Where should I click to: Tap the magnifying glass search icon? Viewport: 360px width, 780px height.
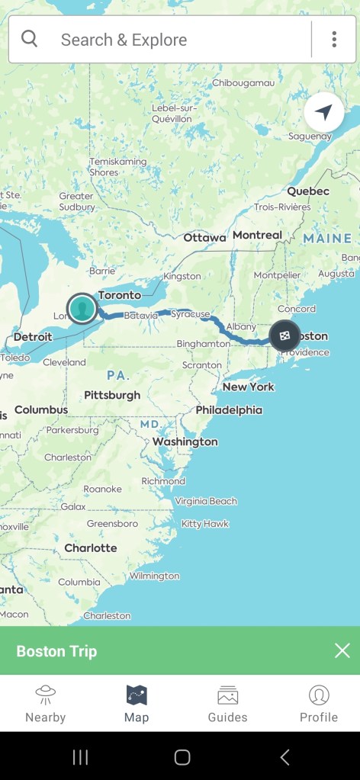(x=30, y=39)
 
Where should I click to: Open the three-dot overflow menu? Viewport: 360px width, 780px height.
(x=334, y=40)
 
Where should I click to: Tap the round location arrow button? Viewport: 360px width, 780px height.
(x=323, y=113)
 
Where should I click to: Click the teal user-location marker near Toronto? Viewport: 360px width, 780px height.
(x=82, y=308)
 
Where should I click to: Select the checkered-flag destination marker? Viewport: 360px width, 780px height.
(x=284, y=336)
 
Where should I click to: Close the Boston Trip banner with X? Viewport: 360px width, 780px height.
(x=342, y=650)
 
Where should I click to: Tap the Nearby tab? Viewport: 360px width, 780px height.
(x=45, y=703)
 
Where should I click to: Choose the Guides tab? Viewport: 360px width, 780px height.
(x=227, y=703)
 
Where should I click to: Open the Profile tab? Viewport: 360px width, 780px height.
(x=318, y=703)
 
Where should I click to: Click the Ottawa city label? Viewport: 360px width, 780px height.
(x=204, y=238)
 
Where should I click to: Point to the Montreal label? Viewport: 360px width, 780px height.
(x=257, y=235)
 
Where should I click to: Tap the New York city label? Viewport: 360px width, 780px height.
(x=249, y=387)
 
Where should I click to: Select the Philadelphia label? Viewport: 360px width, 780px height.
(x=229, y=409)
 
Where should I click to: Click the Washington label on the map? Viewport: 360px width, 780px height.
(x=185, y=441)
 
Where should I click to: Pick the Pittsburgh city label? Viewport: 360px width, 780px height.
(x=112, y=395)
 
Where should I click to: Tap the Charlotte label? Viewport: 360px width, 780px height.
(x=91, y=547)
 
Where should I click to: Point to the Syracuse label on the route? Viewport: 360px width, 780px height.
(x=190, y=313)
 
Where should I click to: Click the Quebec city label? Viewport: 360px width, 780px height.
(x=308, y=191)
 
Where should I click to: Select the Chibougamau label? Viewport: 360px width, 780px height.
(x=243, y=82)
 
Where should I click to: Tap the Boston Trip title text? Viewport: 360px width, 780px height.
(x=56, y=651)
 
